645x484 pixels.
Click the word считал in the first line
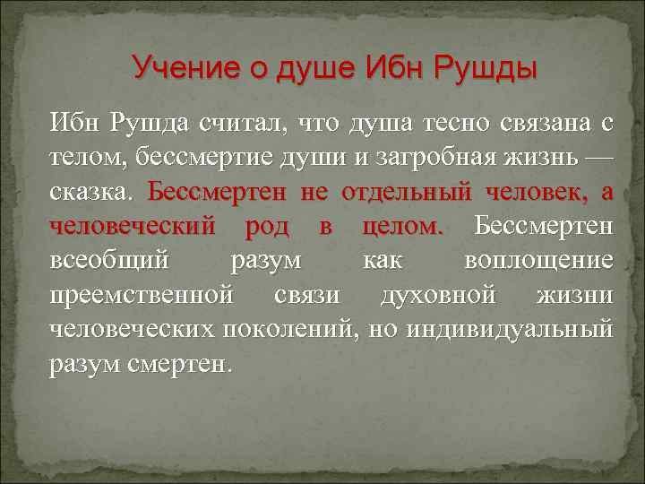click(248, 123)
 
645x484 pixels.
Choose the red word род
click(266, 225)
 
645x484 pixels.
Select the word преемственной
click(142, 294)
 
